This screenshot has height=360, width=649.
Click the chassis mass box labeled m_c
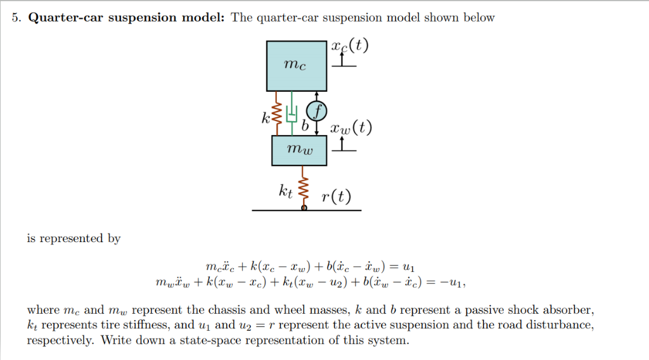tap(297, 66)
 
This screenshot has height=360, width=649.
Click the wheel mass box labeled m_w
tap(299, 150)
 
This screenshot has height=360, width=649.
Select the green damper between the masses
tap(292, 114)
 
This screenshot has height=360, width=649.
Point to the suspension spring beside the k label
tap(277, 114)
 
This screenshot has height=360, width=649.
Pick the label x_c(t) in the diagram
tap(349, 48)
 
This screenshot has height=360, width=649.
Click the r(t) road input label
tap(335, 196)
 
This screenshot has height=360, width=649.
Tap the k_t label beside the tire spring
tap(286, 190)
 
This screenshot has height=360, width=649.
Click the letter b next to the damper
tap(305, 126)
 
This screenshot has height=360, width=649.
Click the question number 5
tap(16, 18)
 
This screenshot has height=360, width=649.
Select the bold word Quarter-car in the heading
tap(66, 18)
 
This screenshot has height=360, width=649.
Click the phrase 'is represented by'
tap(74, 238)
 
